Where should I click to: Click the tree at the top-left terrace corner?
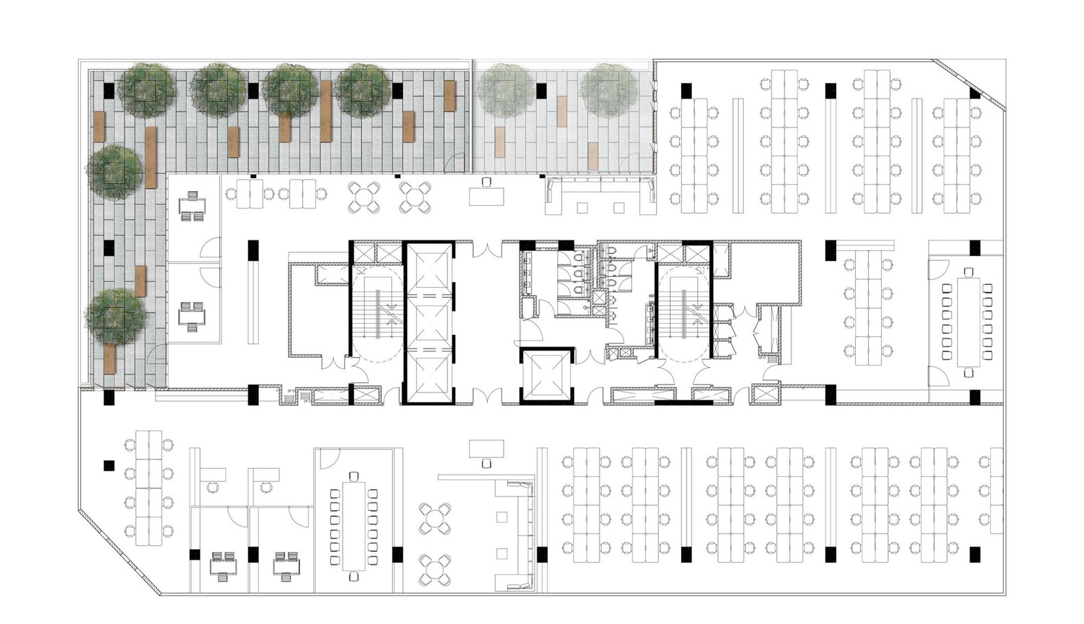pos(146,88)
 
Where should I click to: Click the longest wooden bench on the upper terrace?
pos(151,157)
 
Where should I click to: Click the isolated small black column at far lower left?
pos(108,466)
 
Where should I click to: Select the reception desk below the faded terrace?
pos(486,196)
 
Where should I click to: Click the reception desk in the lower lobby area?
pos(486,449)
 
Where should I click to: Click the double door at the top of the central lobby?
pos(487,250)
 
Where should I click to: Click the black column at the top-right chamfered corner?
pos(974,93)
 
